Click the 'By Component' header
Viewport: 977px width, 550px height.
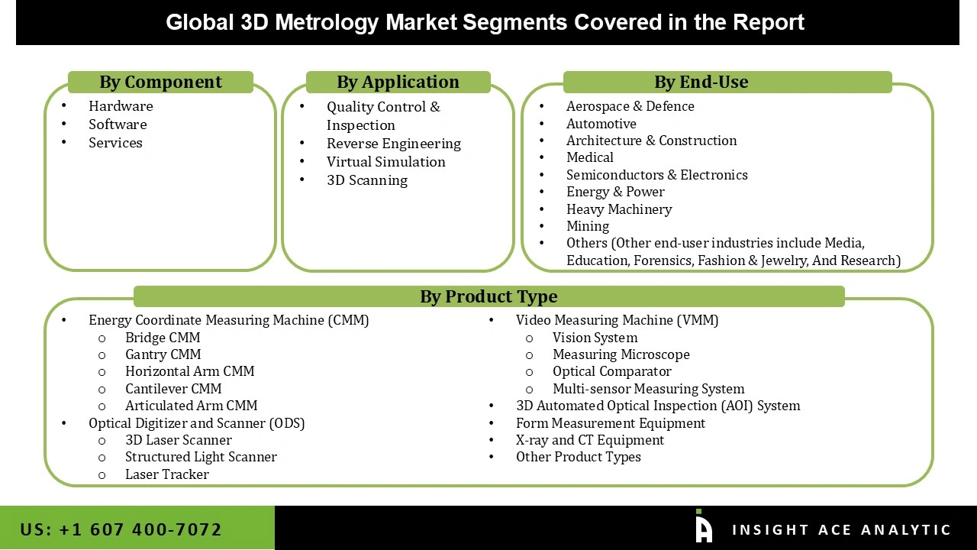click(160, 82)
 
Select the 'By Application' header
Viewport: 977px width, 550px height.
click(398, 82)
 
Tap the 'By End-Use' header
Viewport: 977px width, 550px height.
click(701, 82)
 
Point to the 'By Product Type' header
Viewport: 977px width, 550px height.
click(488, 296)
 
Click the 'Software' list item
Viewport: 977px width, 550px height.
click(118, 125)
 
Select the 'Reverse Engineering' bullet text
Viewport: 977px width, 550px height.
click(394, 144)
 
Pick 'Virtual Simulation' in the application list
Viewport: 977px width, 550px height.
click(386, 162)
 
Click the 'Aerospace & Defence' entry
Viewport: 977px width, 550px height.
click(630, 106)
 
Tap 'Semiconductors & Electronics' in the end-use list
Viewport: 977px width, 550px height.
click(656, 175)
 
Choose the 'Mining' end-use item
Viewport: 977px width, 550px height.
click(588, 226)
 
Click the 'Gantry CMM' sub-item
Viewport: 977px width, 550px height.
click(163, 354)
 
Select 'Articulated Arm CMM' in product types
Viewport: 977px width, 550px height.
click(191, 406)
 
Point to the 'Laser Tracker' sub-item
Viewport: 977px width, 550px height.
click(167, 474)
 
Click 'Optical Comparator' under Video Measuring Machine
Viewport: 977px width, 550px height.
click(612, 371)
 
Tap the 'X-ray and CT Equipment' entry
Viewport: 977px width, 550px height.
click(590, 440)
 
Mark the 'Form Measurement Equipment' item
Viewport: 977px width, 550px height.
click(611, 423)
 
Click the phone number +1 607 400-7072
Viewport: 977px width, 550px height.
click(121, 529)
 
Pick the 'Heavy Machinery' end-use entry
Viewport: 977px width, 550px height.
click(619, 209)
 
